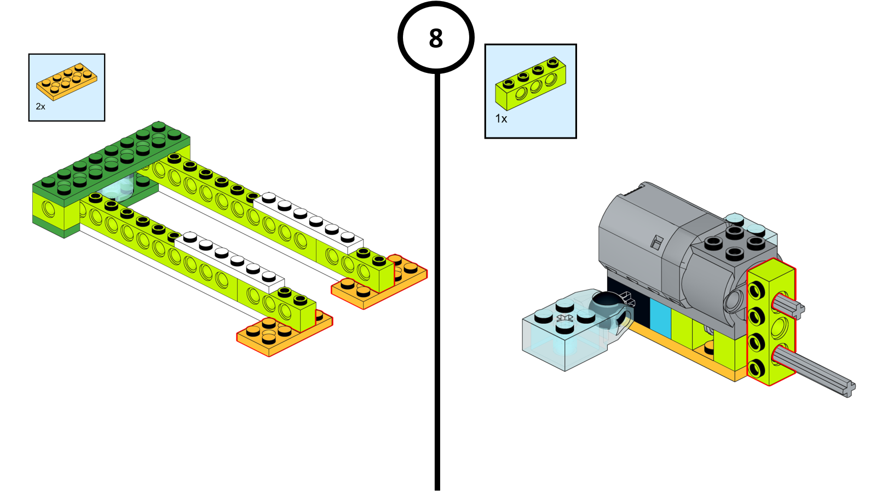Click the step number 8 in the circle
coord(436,38)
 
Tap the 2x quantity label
coord(41,106)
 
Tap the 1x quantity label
coord(501,118)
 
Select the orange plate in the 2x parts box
coord(67,81)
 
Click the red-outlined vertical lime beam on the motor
coord(771,323)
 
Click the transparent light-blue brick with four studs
coord(564,334)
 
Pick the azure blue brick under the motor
coord(660,318)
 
